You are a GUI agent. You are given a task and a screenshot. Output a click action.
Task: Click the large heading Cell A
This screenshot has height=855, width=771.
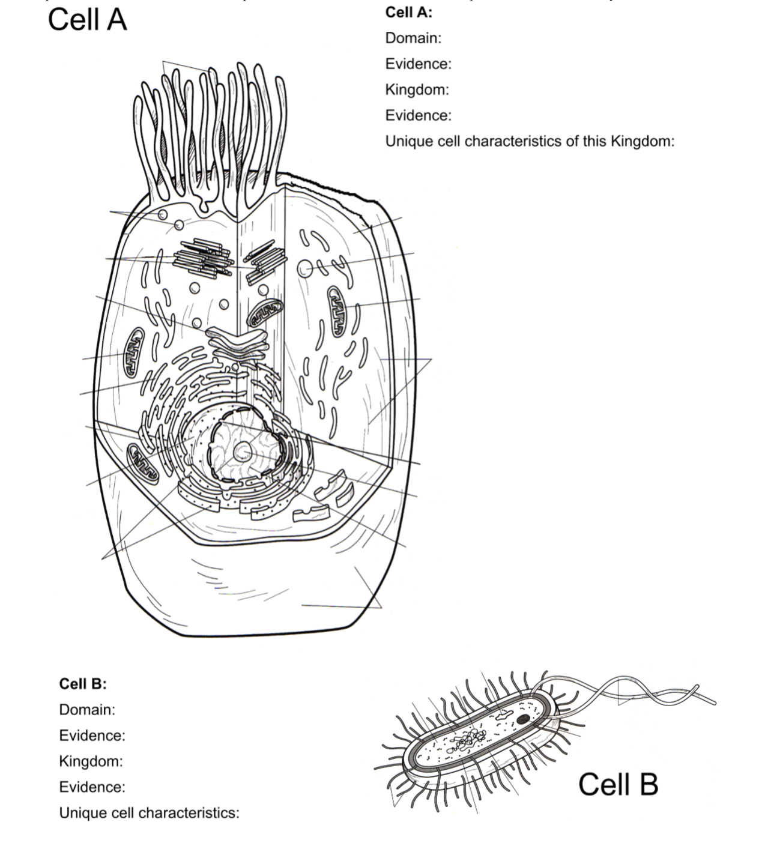pos(87,20)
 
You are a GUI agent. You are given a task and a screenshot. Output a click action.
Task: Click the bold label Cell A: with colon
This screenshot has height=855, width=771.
pos(408,12)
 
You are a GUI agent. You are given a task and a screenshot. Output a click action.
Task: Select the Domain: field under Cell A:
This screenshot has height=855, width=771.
pos(413,38)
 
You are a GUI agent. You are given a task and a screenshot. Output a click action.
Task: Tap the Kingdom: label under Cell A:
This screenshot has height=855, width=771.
pos(417,89)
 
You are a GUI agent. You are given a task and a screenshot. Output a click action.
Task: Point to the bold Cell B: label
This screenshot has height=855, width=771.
pos(82,684)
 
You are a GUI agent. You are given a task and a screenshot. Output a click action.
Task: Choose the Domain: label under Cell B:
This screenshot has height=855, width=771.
pos(87,710)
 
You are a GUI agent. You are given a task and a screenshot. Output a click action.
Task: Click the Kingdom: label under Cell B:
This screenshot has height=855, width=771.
pos(91,761)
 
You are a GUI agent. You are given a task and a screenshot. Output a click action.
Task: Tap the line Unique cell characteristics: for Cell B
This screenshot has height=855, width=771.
pos(149,813)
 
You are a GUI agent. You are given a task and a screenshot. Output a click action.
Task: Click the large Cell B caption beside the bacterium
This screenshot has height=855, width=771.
pos(618,784)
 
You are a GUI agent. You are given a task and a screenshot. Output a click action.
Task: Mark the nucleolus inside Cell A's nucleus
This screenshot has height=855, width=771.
pos(243,451)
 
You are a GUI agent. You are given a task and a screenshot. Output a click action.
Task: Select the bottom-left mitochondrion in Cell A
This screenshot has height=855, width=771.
pos(142,463)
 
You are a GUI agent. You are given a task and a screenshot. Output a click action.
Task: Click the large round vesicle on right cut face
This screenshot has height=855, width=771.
pos(305,268)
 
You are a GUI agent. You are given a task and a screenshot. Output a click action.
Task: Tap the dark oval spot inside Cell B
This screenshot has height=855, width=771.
pos(523,719)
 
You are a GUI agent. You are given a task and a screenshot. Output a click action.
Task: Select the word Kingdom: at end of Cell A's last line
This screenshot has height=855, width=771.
pos(642,141)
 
